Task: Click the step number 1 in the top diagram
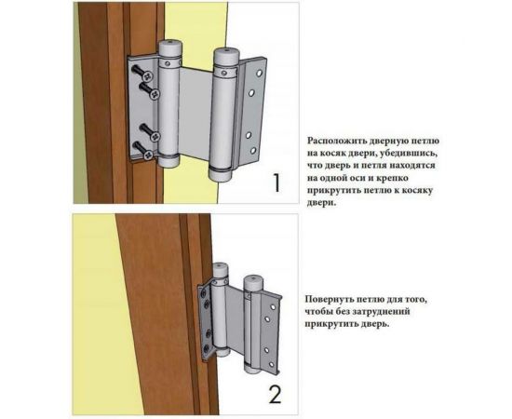pos(276,182)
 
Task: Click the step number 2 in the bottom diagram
pos(275,394)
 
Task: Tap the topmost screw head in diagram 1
pos(148,76)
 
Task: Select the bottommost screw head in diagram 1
pos(148,155)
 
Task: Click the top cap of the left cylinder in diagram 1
pos(170,48)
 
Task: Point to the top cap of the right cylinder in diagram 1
pos(226,57)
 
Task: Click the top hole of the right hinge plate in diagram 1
pos(260,74)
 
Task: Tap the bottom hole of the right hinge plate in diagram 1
pos(253,151)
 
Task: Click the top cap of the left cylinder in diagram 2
pos(221,270)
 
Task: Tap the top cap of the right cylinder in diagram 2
pos(251,283)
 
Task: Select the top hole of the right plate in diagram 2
pos(272,307)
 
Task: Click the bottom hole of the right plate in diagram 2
pos(271,364)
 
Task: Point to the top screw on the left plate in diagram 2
pos(204,294)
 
